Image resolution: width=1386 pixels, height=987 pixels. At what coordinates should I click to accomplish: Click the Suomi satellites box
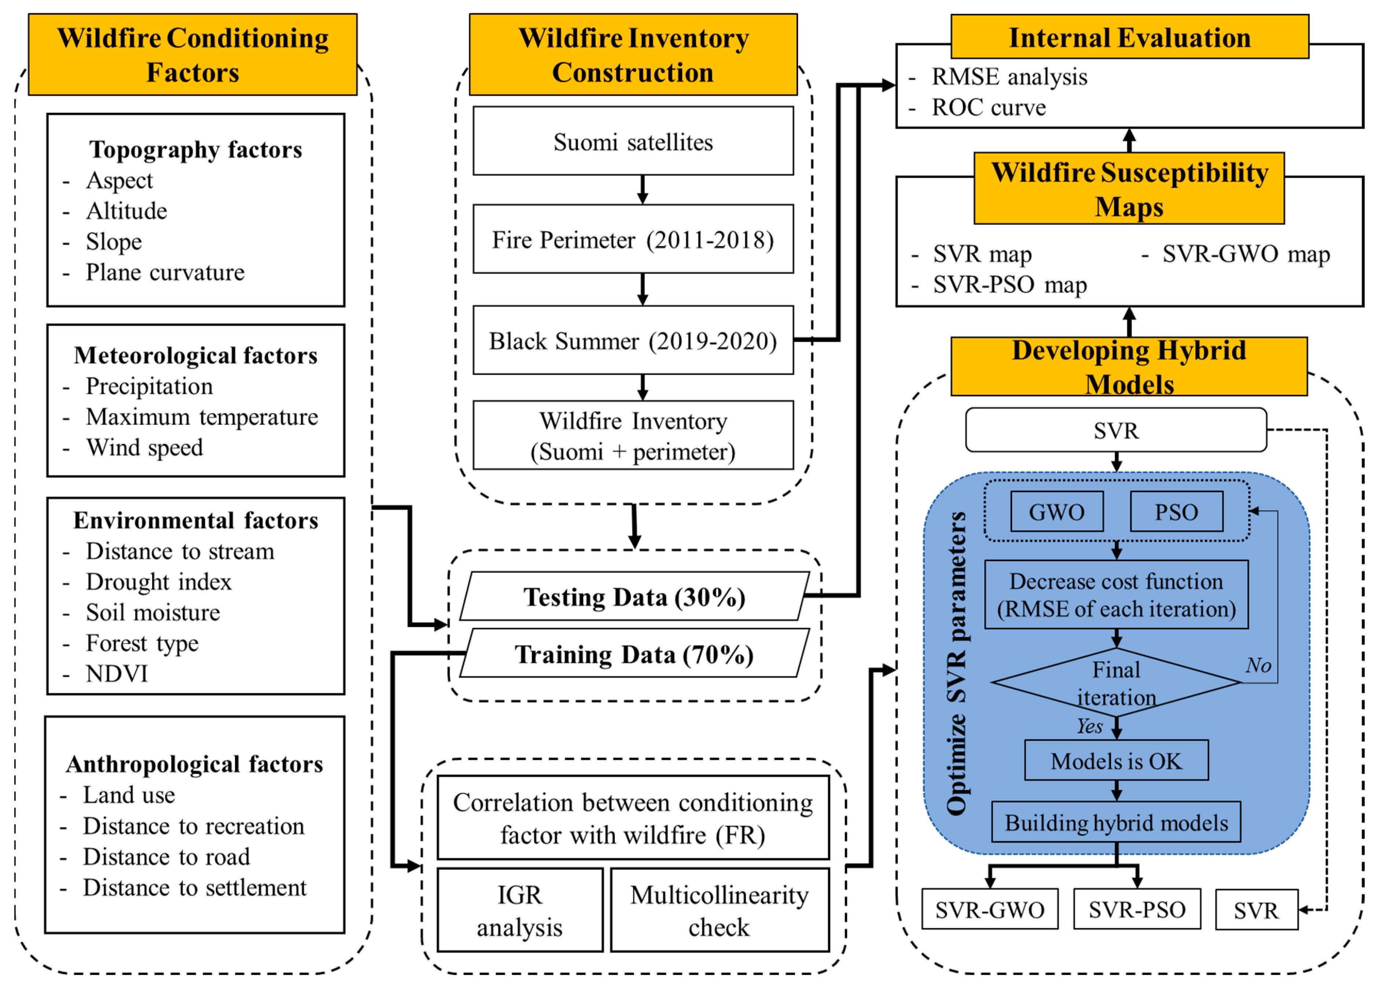coord(633,142)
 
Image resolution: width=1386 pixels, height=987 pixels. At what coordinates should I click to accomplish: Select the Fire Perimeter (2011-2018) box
coord(633,239)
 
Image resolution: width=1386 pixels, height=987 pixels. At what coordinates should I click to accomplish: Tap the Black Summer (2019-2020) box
coord(633,340)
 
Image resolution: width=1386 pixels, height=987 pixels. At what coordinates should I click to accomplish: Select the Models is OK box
coord(1115,761)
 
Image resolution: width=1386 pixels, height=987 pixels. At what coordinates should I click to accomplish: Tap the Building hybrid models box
coord(1115,822)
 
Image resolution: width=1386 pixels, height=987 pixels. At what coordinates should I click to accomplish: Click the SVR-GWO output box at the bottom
coord(989,910)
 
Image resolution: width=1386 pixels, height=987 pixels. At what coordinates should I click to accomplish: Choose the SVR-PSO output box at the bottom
coord(1136,910)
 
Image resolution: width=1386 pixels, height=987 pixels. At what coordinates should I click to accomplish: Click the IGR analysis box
coord(519,910)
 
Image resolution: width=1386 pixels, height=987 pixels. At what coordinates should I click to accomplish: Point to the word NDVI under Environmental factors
coord(117,674)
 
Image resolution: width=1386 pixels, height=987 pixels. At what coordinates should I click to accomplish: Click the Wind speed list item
coord(144,447)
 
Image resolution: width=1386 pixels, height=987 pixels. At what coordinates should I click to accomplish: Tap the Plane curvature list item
coord(165,272)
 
